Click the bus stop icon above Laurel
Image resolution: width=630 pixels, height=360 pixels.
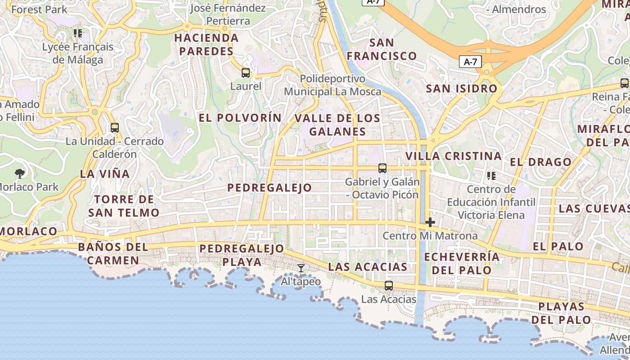[x=245, y=72]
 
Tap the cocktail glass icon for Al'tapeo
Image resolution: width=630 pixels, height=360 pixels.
[x=301, y=269]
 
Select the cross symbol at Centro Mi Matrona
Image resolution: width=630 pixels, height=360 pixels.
[x=430, y=222]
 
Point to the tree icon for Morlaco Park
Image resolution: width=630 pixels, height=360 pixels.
[x=19, y=173]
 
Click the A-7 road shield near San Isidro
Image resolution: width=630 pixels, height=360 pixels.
[x=470, y=62]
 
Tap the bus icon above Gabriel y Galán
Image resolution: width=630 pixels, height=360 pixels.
[x=382, y=168]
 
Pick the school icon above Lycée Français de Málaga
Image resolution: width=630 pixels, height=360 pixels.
[x=78, y=33]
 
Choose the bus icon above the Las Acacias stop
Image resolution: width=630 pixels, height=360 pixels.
[x=388, y=285]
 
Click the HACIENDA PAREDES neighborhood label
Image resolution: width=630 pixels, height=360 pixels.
[x=207, y=45]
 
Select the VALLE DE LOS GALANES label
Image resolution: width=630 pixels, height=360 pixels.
[x=337, y=125]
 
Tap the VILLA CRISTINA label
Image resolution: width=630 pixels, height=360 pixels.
[x=453, y=156]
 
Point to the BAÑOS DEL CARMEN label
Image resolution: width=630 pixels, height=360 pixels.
[x=113, y=253]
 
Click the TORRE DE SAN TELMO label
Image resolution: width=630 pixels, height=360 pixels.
[x=124, y=206]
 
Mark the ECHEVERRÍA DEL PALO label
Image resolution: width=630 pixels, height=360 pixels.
[x=462, y=263]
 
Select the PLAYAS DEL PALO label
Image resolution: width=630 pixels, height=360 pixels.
[x=561, y=313]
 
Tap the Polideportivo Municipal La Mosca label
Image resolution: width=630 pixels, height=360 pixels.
[x=333, y=85]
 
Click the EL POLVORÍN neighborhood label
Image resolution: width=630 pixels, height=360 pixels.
[x=240, y=118]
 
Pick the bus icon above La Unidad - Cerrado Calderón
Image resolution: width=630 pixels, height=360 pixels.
[x=115, y=128]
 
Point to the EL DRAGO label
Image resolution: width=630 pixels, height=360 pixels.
[x=540, y=162]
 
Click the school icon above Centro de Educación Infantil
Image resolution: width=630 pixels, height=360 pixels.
[x=491, y=175]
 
